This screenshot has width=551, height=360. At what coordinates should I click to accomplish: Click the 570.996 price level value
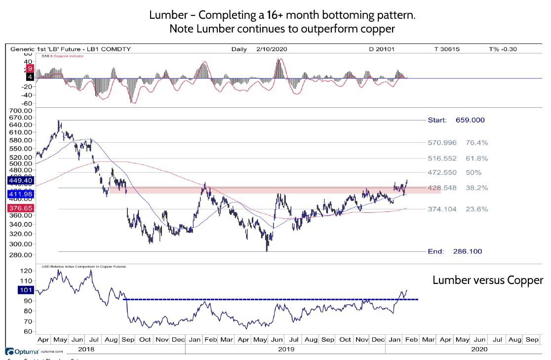click(442, 143)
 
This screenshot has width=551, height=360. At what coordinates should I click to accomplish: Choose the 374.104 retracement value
click(442, 209)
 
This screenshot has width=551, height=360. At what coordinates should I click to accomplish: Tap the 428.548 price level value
click(442, 188)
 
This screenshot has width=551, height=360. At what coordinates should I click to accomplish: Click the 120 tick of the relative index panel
click(26, 271)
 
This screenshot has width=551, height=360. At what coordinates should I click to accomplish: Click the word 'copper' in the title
click(379, 29)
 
